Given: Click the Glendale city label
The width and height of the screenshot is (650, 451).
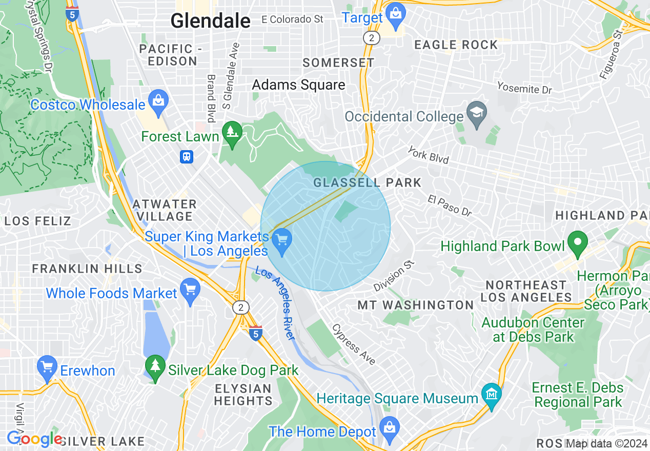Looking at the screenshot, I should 210,20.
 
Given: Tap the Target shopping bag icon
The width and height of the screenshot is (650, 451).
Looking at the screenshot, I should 395,13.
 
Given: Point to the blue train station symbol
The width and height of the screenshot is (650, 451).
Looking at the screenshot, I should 186,156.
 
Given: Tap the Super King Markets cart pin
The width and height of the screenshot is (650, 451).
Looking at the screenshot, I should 281,240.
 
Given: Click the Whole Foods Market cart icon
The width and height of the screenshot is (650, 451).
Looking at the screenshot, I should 190,290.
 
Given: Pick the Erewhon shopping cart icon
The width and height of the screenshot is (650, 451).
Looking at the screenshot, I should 47,367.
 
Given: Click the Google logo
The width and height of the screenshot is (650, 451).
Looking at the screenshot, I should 34,439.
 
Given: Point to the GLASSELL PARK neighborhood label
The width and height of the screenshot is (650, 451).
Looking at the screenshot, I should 367,182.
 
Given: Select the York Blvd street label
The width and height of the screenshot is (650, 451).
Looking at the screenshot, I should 428,155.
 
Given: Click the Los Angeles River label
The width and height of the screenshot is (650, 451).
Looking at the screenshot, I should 275,303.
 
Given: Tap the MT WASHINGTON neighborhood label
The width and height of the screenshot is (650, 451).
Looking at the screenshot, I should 415,305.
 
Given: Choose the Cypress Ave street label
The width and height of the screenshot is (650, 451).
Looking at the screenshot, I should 354,344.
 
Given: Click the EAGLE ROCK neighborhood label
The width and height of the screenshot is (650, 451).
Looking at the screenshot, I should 456,45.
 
